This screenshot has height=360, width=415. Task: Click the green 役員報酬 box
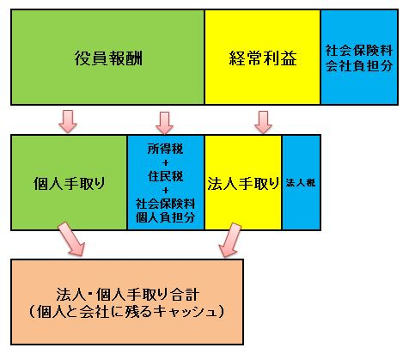coord(107,58)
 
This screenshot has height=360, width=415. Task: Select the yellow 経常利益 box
coord(263,58)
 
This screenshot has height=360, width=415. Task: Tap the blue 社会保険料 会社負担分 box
coord(359,58)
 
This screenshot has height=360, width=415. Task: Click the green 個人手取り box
coord(69,183)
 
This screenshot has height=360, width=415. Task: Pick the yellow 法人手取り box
coord(243,183)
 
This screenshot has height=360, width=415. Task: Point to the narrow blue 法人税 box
coord(302,183)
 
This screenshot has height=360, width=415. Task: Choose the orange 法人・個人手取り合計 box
coord(127,302)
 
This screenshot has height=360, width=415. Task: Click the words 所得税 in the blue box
coord(166,149)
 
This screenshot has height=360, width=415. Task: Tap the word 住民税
coord(166,176)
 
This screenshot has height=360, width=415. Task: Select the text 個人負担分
coord(166,217)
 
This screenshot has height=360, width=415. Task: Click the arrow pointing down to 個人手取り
coord(68,121)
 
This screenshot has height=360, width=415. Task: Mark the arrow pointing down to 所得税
coord(164,123)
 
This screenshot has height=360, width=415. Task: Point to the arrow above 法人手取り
coord(263,122)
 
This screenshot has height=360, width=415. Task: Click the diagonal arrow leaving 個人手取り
coord(72,239)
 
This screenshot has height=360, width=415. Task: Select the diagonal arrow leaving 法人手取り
coord(230,241)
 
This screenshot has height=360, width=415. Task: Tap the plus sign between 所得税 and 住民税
coord(166,162)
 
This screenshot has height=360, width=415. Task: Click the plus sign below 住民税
coord(166,190)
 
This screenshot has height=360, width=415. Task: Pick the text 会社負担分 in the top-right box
coord(359,66)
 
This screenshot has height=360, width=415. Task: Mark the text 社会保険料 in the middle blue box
coord(166,204)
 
